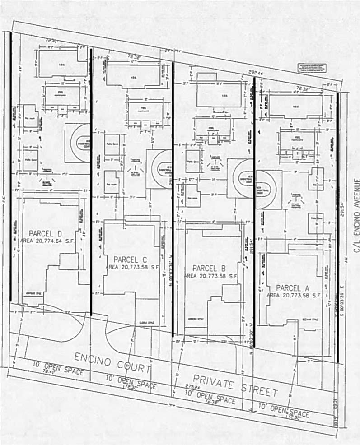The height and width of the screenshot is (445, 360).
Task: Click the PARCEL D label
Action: (45, 233)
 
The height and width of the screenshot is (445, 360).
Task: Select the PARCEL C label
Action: (131, 260)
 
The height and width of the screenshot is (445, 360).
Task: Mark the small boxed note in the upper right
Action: (311, 67)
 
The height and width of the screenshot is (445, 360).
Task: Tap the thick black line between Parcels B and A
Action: (255, 212)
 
